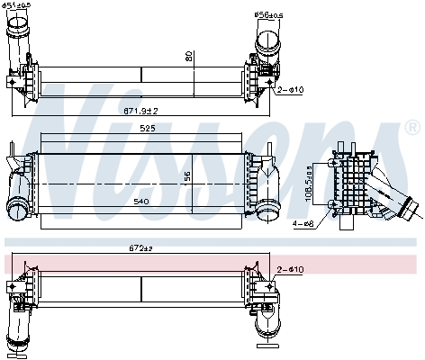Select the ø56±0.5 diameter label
pyautogui.click(x=268, y=13)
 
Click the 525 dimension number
pyautogui.click(x=135, y=129)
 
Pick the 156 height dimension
pyautogui.click(x=188, y=177)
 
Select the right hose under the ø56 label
pyautogui.click(x=267, y=44)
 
